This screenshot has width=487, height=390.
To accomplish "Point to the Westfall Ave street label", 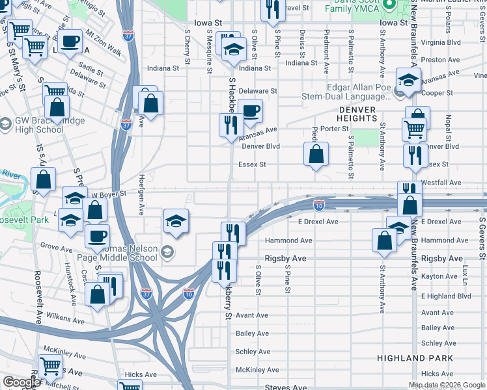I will [441, 183].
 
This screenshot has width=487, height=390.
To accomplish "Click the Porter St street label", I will [335, 129].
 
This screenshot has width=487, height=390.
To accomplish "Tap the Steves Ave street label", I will [289, 387].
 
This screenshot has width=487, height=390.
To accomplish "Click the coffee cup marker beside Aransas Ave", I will [249, 110].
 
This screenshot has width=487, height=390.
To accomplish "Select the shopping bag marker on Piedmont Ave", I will [316, 155].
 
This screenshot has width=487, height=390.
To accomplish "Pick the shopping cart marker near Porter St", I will [414, 129].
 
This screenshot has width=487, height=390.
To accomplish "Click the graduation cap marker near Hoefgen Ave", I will [176, 221].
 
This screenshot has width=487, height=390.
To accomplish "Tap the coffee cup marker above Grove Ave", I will [97, 236].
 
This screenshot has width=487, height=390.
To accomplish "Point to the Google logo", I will [21, 382].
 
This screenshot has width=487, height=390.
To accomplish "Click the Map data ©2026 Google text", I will [447, 385].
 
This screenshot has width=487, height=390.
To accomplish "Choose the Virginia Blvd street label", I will [441, 41].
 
